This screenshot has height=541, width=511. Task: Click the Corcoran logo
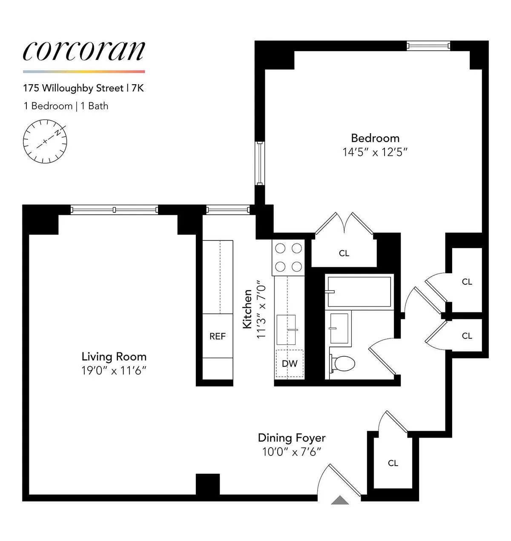pyautogui.click(x=84, y=51)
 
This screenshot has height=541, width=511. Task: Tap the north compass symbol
pyautogui.click(x=45, y=141)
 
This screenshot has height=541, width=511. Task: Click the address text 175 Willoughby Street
pyautogui.click(x=73, y=88)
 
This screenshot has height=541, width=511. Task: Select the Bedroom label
pyautogui.click(x=375, y=138)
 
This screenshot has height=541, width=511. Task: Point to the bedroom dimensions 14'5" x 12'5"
pyautogui.click(x=375, y=152)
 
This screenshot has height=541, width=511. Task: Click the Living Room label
pyautogui.click(x=114, y=357)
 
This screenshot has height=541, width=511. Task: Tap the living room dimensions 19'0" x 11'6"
pyautogui.click(x=114, y=371)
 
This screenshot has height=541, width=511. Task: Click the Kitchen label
pyautogui.click(x=247, y=309)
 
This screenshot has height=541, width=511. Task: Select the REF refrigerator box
pyautogui.click(x=217, y=336)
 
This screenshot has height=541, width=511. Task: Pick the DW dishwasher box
pyautogui.click(x=290, y=364)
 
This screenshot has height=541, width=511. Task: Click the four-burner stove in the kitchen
pyautogui.click(x=288, y=258)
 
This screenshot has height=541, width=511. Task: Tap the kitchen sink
pyautogui.click(x=286, y=329)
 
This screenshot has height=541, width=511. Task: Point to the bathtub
pyautogui.click(x=359, y=292)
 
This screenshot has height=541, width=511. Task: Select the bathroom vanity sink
pyautogui.click(x=339, y=328)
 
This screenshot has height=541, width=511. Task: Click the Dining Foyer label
pyautogui.click(x=292, y=438)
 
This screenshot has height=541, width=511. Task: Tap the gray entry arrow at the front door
pyautogui.click(x=340, y=500)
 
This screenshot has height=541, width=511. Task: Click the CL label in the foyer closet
pyautogui.click(x=393, y=463)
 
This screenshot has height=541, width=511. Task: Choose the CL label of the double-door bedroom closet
pyautogui.click(x=344, y=253)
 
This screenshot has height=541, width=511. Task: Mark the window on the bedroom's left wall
pyautogui.click(x=259, y=163)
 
